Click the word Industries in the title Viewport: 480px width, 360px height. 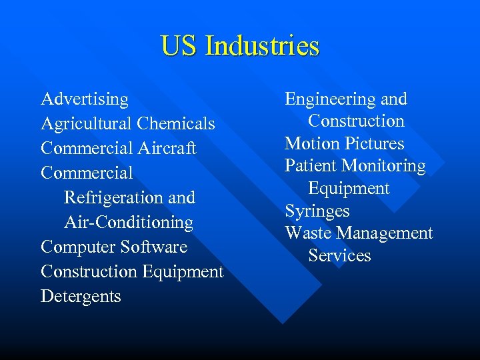263,46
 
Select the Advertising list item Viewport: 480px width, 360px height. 85,99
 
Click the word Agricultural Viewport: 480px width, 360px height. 86,124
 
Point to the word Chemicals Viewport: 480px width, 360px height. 176,124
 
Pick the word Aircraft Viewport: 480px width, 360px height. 167,149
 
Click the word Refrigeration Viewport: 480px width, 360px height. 114,198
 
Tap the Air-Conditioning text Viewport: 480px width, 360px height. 129,223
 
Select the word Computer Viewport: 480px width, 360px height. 78,247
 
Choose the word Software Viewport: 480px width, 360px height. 154,247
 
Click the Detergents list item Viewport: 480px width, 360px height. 81,297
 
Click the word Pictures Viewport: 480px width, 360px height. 373,144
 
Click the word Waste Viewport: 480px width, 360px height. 308,233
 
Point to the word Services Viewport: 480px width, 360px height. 339,256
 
